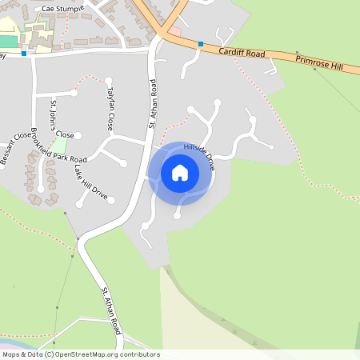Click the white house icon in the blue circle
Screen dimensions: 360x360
tap(180, 172)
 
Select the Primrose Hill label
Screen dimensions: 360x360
tap(318, 63)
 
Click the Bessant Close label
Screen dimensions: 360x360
tap(15, 149)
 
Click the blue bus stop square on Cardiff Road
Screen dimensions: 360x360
tap(201, 44)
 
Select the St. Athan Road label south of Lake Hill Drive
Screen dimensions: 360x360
tap(111, 310)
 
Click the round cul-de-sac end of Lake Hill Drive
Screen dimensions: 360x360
tap(111, 199)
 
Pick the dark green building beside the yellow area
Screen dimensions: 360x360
tap(7, 41)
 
